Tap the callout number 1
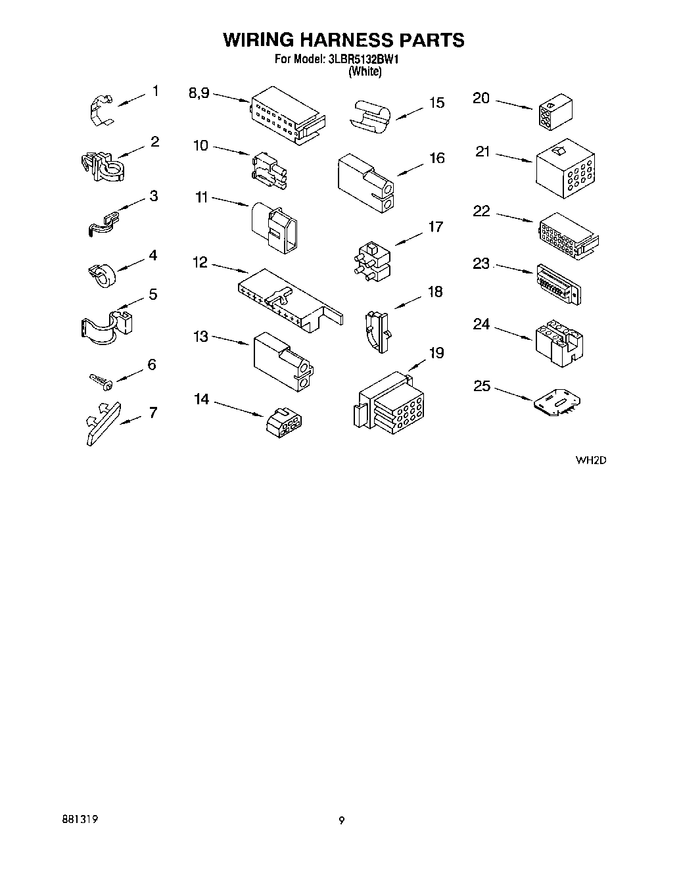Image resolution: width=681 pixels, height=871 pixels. coord(155,91)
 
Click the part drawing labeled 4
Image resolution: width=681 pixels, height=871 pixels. coord(101,273)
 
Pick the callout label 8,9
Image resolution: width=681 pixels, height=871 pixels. coord(199,93)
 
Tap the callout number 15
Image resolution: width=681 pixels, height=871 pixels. coord(436,103)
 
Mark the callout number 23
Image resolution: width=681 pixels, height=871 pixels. coord(482,264)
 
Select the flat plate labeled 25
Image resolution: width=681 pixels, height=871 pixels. coord(558,402)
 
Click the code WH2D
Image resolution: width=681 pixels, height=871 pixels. coord(590,460)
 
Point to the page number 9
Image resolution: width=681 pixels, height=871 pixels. coord(341,820)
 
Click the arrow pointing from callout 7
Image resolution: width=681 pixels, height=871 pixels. coord(131,419)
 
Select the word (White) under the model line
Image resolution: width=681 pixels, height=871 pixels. coord(364,72)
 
